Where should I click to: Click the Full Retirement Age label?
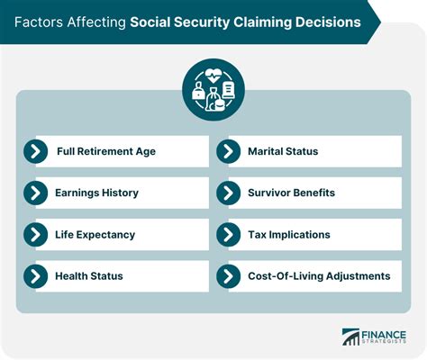(x=105, y=151)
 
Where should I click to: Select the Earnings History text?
(x=96, y=193)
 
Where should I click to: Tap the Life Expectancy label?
(x=95, y=234)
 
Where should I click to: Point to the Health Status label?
(x=88, y=275)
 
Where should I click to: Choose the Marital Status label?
(x=283, y=151)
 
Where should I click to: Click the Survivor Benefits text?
(x=290, y=193)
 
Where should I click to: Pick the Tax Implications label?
(x=289, y=234)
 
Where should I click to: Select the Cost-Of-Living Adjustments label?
(x=319, y=275)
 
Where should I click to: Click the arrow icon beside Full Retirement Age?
(x=36, y=151)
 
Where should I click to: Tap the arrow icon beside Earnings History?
(x=36, y=193)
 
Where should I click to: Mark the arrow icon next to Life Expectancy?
(x=36, y=234)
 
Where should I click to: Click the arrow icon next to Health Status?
(x=36, y=275)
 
